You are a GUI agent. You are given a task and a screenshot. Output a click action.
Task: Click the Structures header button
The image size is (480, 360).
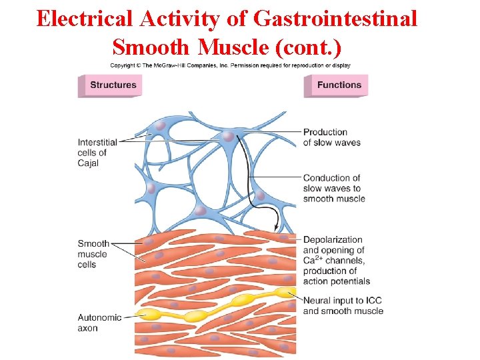coord(112,85)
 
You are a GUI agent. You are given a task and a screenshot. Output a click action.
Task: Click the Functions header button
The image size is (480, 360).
coord(339,85)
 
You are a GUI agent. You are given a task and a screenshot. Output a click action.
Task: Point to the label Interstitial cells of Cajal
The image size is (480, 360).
coord(97,153)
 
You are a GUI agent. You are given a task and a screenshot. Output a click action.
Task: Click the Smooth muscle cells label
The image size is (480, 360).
coord(93,254)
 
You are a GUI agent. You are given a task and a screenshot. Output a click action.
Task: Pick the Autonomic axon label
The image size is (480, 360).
coord(99,323)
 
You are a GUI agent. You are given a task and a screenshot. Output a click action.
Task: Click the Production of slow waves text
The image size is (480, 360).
coord(331,137)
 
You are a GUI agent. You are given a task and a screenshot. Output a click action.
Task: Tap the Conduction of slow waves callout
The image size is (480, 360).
coord(333,188)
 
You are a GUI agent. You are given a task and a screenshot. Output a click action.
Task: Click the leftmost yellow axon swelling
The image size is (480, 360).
coord(149,314)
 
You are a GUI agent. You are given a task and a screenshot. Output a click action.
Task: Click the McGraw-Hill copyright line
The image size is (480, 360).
coord(230,65)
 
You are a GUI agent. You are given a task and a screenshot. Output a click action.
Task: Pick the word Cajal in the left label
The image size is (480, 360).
coord(88,163)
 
